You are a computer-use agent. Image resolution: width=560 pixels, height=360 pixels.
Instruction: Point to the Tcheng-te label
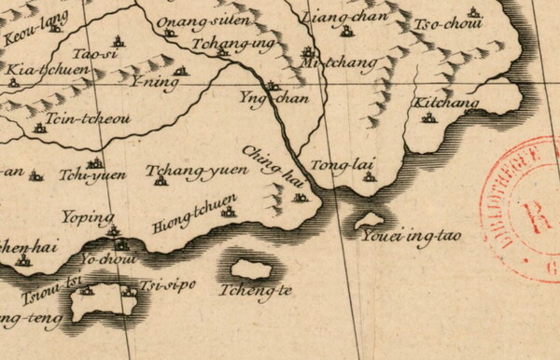point(255,290)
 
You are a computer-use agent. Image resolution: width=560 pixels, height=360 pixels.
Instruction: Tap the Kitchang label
point(446,103)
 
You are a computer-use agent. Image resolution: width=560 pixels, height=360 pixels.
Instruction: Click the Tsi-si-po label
point(167,284)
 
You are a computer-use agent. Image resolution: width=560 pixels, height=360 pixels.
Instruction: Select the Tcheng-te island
point(251,269)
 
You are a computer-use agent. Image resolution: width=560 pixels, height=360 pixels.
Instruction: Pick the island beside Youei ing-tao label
point(360,221)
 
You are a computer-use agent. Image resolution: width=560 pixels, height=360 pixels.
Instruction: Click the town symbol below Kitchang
point(429,118)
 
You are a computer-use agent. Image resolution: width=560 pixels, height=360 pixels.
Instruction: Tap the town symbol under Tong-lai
point(369,176)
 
